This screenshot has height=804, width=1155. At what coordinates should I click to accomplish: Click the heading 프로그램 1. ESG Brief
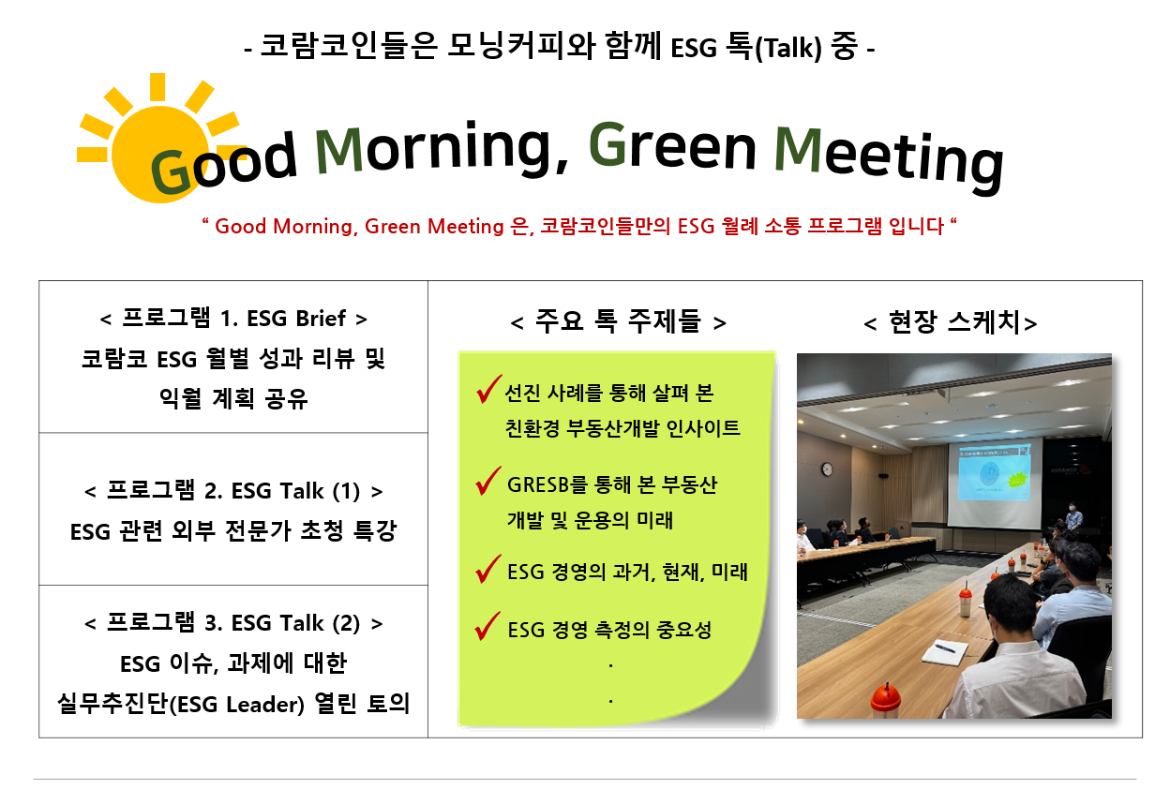(233, 319)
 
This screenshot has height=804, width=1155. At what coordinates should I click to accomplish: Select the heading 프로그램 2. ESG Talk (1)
(233, 491)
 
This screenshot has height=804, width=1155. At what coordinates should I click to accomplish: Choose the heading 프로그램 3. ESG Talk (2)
(233, 622)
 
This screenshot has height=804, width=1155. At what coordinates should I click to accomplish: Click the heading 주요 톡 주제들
(618, 321)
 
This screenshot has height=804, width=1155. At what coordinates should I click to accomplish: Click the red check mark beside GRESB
(487, 481)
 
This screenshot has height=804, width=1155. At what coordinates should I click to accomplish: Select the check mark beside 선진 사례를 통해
(488, 389)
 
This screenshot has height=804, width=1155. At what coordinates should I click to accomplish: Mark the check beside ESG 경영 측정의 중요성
(487, 626)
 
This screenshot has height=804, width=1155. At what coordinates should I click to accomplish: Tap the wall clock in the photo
(827, 469)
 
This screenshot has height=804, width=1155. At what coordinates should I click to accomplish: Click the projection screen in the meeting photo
(994, 483)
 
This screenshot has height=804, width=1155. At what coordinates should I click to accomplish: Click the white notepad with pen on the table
(941, 653)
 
